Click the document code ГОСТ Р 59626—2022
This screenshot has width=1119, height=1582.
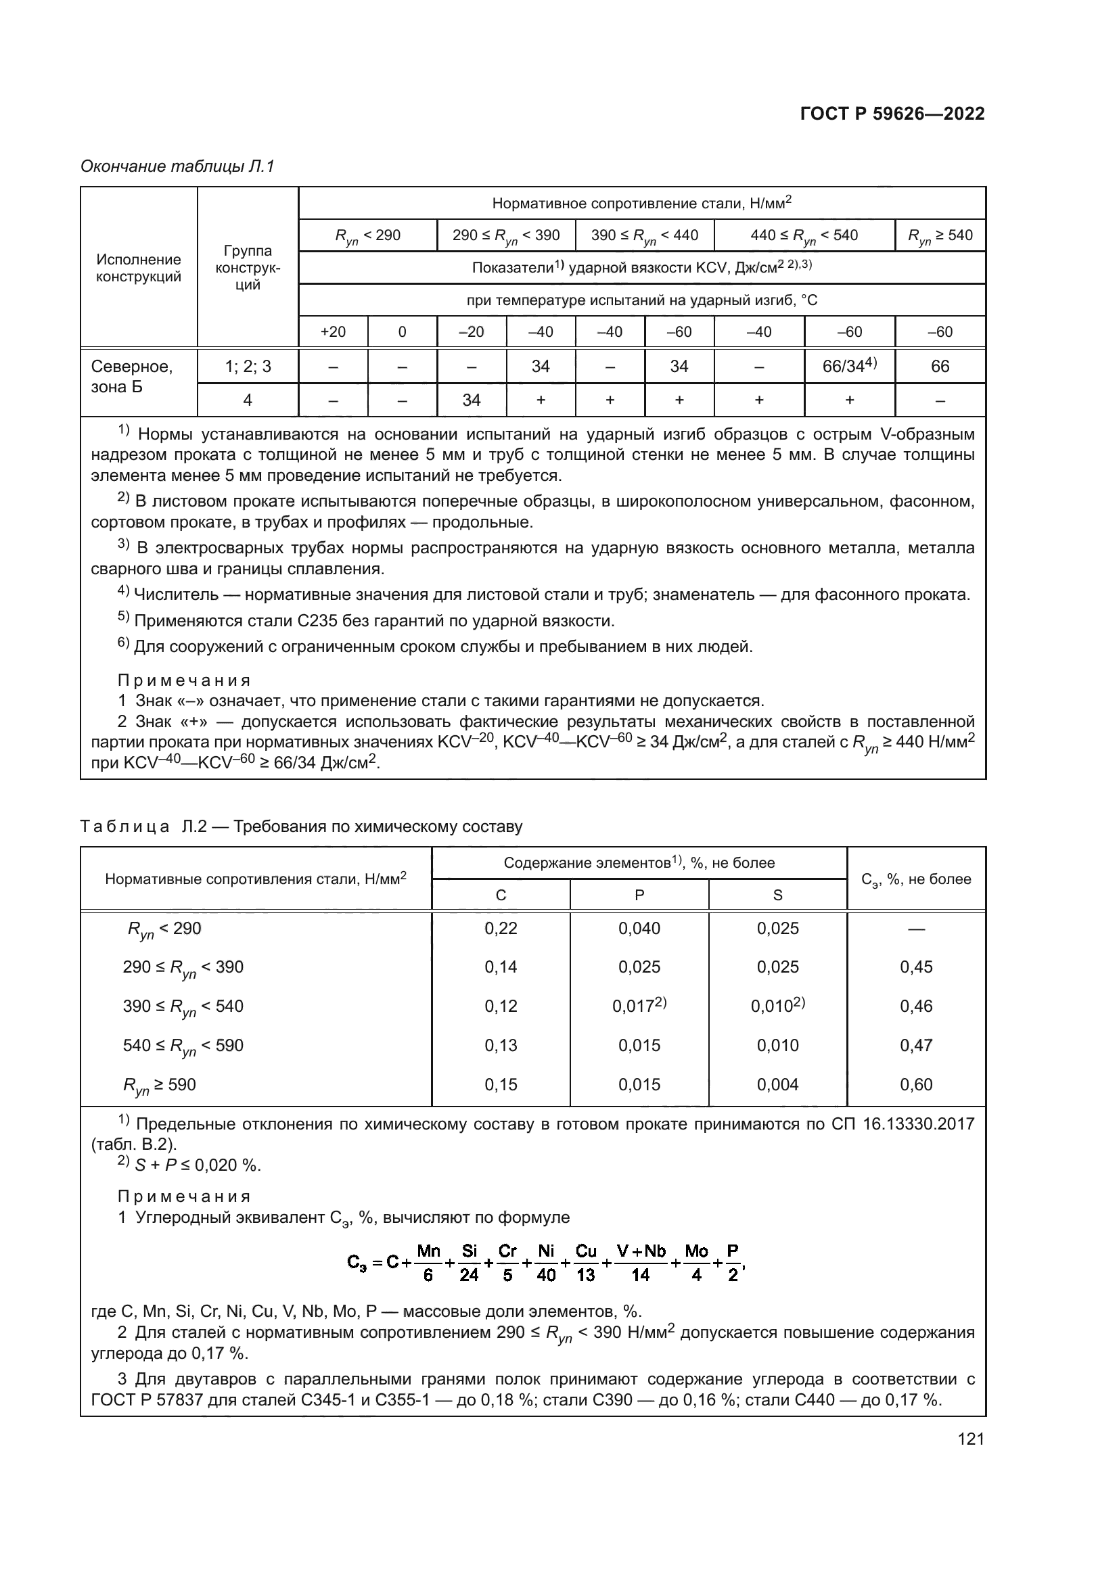[892, 114]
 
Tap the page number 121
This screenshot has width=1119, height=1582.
[970, 1439]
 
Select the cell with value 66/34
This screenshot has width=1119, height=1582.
[849, 367]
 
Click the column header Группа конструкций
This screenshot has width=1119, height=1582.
[248, 267]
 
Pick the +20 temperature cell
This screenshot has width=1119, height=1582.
[333, 332]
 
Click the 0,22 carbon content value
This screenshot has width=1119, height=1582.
[500, 928]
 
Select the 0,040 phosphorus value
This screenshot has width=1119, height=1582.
[639, 928]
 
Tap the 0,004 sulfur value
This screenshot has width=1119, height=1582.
[777, 1084]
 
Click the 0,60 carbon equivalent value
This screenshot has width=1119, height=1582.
[916, 1084]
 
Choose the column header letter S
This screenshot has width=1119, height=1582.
[777, 895]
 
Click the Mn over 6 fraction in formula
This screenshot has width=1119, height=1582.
[428, 1263]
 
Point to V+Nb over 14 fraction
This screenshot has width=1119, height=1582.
[641, 1263]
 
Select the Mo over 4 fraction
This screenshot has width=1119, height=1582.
[696, 1263]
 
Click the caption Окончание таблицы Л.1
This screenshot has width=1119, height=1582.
[178, 166]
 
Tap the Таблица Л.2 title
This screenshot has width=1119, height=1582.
[301, 826]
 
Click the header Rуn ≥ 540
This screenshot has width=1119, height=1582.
[940, 235]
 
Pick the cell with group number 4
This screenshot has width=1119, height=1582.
[248, 400]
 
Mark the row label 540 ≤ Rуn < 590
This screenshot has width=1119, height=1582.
[183, 1046]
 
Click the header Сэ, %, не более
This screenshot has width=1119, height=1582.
[916, 879]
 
